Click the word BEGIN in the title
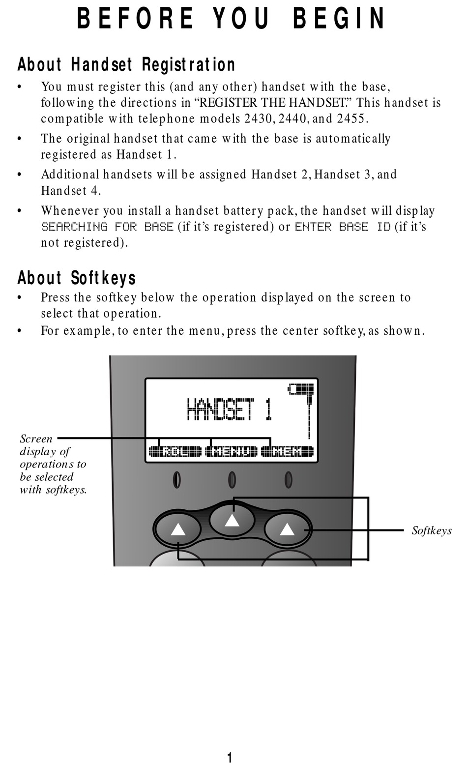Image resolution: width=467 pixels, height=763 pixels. pos(339,19)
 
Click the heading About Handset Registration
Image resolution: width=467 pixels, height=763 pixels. pos(126,64)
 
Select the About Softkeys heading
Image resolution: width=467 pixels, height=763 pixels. pos(77,278)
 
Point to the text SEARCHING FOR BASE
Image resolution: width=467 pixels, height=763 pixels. pos(107,227)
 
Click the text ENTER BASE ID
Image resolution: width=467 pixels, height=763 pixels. pos(342,227)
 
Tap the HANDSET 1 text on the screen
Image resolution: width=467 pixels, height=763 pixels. pos(229,410)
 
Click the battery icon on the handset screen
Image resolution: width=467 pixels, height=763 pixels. pos(300,389)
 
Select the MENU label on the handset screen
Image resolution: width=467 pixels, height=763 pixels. pos(232,451)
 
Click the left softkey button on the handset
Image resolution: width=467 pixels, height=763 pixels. pos(178,529)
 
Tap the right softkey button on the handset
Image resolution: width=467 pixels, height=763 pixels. pos(287,529)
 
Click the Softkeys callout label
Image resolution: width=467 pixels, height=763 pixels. pos(432,530)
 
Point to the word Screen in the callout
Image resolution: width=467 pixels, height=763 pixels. pos(36,439)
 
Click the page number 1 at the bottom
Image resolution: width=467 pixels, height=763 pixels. pos(230,758)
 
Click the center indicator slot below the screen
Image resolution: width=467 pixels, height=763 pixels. pos(232,479)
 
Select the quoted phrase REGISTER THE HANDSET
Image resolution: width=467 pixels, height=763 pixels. pos(274,103)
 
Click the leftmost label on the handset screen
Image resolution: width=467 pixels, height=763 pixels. pos(175,451)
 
